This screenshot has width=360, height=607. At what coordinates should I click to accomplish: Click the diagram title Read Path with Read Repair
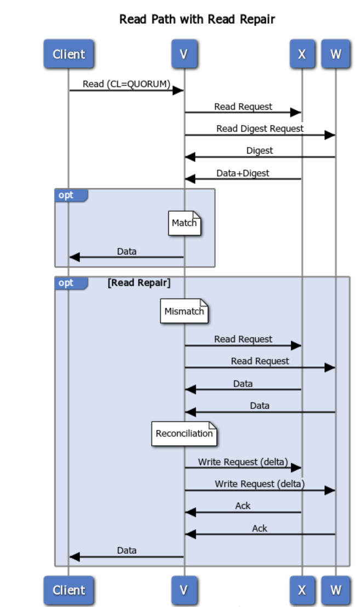[x=197, y=19]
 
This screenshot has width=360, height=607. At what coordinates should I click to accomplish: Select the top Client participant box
[x=68, y=54]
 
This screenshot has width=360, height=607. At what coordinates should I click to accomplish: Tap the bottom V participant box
[x=184, y=590]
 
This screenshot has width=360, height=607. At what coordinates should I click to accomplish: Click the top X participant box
[x=302, y=54]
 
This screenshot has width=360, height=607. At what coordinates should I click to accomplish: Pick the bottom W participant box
[x=335, y=590]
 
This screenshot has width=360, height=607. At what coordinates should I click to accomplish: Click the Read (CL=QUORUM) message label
[x=127, y=84]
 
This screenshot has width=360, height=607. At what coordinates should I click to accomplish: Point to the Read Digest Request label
[x=260, y=128]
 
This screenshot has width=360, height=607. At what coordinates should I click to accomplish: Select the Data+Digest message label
[x=243, y=173]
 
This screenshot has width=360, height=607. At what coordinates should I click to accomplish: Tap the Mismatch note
[x=184, y=311]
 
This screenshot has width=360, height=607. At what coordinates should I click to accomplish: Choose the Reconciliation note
[x=184, y=434]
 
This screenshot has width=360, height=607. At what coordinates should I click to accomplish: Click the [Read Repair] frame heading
[x=139, y=283]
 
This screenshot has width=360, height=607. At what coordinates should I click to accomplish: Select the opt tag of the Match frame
[x=66, y=195]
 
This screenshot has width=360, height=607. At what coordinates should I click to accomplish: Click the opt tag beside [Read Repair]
[x=66, y=283]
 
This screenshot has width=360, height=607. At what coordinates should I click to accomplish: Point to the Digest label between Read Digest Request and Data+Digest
[x=260, y=150]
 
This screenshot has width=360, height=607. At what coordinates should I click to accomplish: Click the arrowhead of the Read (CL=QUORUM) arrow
[x=178, y=90]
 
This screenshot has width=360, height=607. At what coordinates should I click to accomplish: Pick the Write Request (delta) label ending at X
[x=243, y=462]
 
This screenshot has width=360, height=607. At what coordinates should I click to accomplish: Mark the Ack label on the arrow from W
[x=260, y=528]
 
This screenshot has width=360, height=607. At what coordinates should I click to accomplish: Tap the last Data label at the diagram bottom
[x=127, y=550]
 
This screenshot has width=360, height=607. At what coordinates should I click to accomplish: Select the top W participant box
[x=335, y=54]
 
